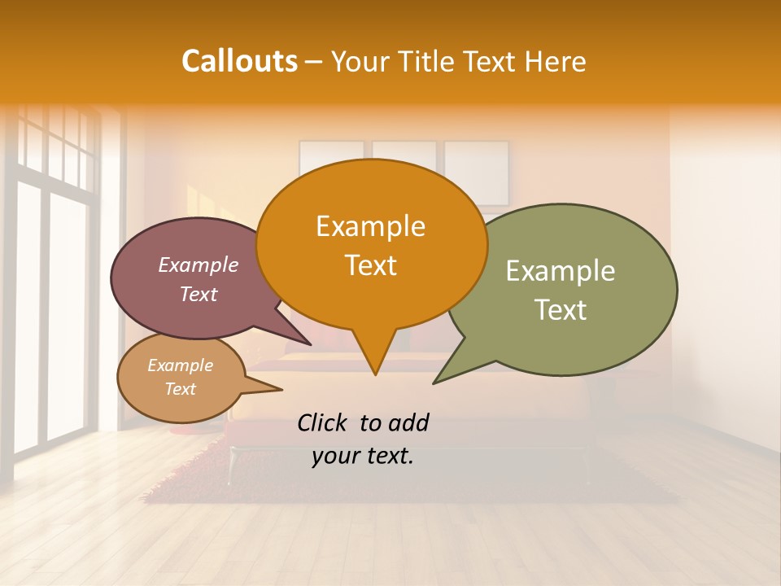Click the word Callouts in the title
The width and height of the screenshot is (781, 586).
tap(239, 61)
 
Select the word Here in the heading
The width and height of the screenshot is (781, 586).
tap(554, 61)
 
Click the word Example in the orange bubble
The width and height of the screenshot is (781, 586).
tap(370, 226)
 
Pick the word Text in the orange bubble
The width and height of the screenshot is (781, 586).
tap(370, 265)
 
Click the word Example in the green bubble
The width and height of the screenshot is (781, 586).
tap(561, 271)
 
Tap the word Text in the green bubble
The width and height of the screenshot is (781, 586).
tap(561, 310)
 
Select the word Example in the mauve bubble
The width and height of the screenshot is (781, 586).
tap(198, 265)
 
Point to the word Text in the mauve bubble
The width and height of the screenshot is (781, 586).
tap(198, 294)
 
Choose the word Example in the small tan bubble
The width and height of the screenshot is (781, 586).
tap(180, 365)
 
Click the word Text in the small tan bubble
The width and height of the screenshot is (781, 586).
tap(180, 389)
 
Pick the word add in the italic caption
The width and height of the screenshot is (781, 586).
tap(408, 422)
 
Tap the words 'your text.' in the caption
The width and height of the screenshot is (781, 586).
tap(362, 456)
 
